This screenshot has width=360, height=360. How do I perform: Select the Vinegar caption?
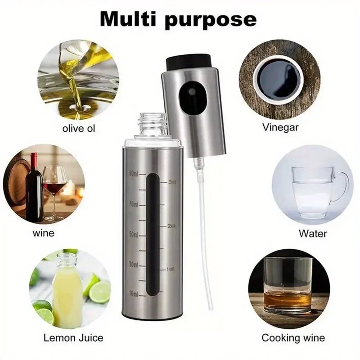280,127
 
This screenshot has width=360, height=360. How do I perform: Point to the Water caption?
313,234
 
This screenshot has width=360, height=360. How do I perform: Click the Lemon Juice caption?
73,337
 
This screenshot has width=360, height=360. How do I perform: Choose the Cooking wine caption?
293,337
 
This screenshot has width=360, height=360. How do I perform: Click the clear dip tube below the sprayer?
205,225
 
